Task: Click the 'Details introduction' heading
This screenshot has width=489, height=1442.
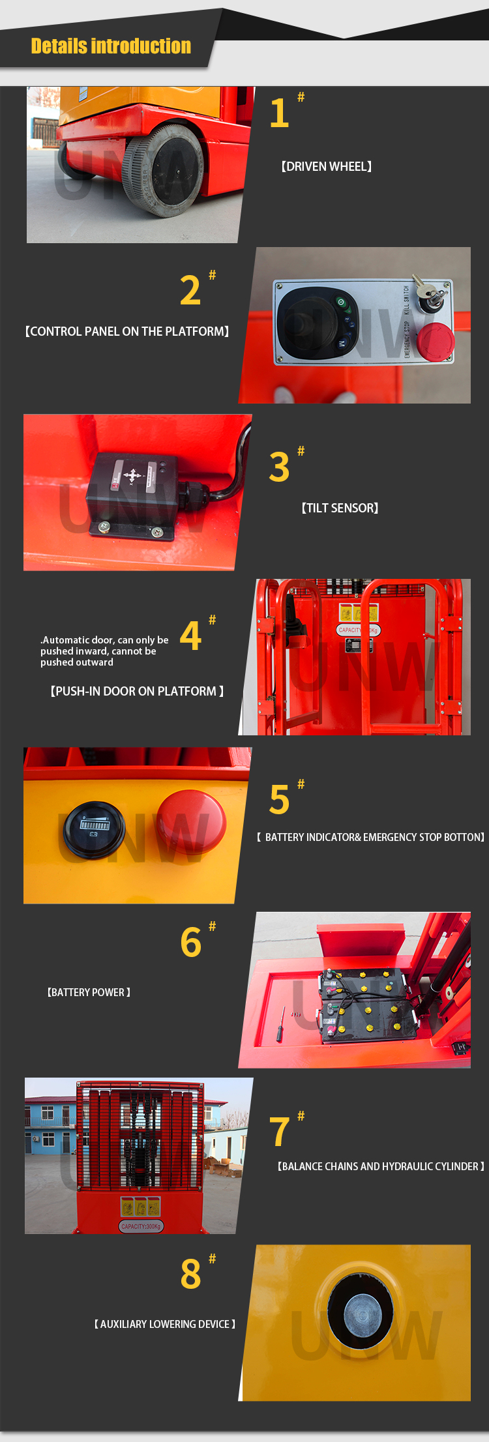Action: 111,46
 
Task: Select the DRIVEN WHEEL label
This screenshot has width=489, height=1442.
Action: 326,167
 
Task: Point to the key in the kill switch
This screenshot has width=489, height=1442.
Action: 430,293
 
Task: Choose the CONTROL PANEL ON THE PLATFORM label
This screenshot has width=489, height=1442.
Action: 126,331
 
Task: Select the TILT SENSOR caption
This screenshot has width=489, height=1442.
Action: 340,508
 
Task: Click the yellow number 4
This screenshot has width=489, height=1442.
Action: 190,636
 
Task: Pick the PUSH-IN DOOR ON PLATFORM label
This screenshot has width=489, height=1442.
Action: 137,691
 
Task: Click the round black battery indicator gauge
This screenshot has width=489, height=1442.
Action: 95,829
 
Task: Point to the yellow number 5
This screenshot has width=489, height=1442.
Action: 279,800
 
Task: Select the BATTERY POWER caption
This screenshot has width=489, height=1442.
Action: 89,992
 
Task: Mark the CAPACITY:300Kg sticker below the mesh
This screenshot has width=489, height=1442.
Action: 141,1226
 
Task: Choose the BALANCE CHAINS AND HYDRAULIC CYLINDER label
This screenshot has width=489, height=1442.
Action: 381,1166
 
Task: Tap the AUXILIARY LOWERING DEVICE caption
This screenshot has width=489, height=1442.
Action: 164,1324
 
